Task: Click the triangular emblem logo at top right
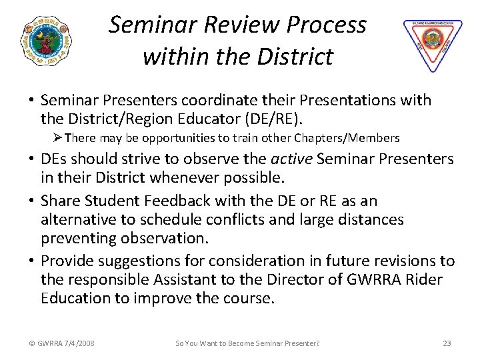click(x=432, y=44)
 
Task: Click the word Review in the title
click(x=225, y=25)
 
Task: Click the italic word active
click(x=293, y=160)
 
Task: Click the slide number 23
click(x=447, y=343)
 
